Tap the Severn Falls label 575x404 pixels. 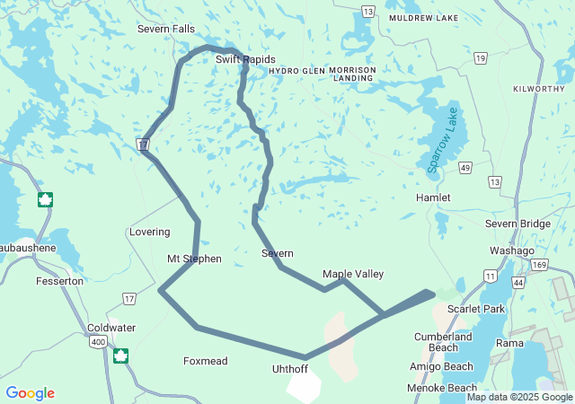point(165,29)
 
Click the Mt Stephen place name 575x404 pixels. point(194,259)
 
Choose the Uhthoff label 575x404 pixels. point(291,369)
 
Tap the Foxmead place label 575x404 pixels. point(206,361)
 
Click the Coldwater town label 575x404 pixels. point(111,328)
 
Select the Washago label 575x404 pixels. point(512,250)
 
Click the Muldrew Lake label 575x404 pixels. point(422,18)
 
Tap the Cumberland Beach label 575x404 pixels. point(443,342)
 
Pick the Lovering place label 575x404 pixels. point(149,232)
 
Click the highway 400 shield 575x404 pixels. point(96,341)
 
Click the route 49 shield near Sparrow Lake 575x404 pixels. point(464,167)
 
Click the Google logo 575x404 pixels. point(30,393)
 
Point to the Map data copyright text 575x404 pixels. point(519,397)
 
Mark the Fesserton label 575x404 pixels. point(59,281)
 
